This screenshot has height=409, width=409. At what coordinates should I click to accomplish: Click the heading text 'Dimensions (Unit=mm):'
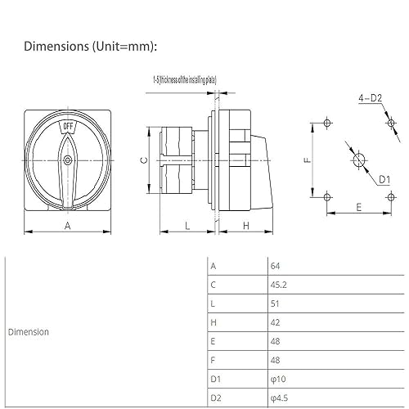pos(89,47)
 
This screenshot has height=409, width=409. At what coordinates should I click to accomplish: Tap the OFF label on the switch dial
pos(68,128)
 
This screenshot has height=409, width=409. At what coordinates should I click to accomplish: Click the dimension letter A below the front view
pos(66,223)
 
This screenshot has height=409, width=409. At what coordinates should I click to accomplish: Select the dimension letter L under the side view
pos(187,223)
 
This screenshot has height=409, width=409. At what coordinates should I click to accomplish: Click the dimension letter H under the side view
pos(246,223)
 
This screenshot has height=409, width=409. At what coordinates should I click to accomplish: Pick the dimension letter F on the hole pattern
pos(307,161)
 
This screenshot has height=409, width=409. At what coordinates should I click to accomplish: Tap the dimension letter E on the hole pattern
pos(358,209)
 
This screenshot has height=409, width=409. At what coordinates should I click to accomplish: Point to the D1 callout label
pos(384,178)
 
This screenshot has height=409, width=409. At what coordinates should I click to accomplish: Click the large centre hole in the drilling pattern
pos(357,160)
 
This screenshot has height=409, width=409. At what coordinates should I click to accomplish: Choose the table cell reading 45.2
pos(279,285)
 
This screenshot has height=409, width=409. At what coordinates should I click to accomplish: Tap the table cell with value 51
pos(275,303)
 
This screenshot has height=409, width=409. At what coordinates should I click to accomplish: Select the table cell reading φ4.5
pos(280,398)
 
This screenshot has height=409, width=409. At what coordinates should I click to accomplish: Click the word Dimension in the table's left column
pos(29,332)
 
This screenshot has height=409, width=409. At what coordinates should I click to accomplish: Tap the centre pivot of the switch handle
pos(68,162)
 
